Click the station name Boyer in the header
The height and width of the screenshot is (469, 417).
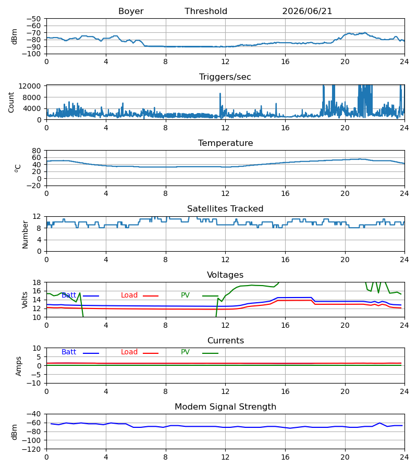[131, 11]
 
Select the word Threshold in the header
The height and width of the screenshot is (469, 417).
[206, 11]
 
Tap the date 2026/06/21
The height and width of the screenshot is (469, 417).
[307, 11]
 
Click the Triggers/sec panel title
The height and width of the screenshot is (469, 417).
[225, 77]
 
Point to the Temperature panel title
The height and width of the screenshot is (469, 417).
[225, 143]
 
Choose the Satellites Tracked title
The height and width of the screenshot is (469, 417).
[225, 209]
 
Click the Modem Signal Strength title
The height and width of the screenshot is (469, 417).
[225, 407]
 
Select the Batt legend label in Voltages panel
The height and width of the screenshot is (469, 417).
[69, 295]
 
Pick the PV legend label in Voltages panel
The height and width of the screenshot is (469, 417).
[185, 295]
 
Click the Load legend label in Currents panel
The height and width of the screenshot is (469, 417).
[129, 352]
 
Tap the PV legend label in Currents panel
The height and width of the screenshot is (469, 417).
[185, 352]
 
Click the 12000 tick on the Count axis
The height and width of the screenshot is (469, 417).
[30, 86]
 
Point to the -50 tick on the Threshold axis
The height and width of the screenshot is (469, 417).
[33, 19]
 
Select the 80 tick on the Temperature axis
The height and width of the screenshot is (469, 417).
[36, 151]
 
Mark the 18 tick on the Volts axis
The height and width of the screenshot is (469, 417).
[36, 282]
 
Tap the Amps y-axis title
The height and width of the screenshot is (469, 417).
[19, 366]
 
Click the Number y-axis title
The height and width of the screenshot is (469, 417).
[25, 235]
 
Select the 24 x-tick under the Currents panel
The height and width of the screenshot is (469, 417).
[404, 391]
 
